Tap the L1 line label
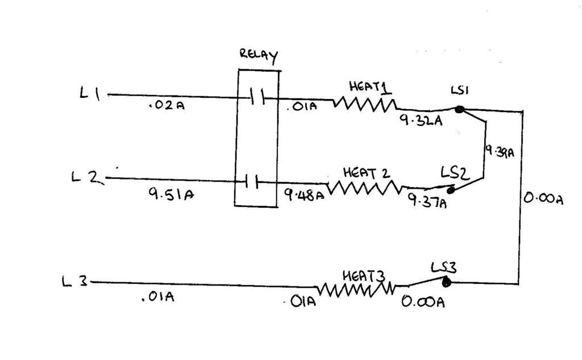tap(90, 93)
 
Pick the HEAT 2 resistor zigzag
tap(364, 188)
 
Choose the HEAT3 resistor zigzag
tap(356, 289)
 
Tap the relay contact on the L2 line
tap(251, 181)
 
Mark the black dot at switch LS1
tap(459, 109)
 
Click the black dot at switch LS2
tap(451, 191)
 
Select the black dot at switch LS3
tap(447, 282)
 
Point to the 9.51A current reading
tap(171, 193)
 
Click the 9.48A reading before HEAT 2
tap(304, 195)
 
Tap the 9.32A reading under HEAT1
tap(421, 120)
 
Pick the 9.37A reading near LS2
tap(427, 201)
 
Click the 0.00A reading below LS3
tap(423, 301)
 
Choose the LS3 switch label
tap(443, 267)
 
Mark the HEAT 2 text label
tap(367, 173)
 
